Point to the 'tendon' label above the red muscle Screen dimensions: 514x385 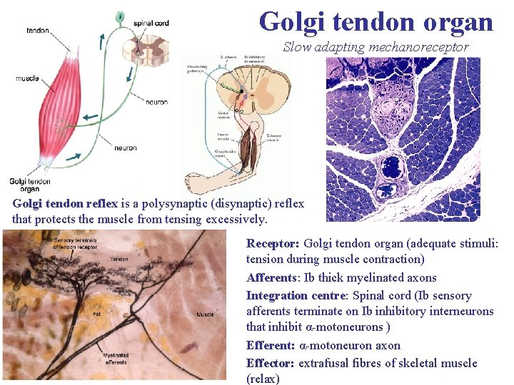click(37, 31)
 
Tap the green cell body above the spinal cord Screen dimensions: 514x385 click(119, 16)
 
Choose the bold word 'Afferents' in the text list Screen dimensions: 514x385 click(270, 278)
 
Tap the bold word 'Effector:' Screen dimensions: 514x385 click(271, 363)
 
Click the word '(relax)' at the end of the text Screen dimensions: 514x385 click(263, 379)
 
